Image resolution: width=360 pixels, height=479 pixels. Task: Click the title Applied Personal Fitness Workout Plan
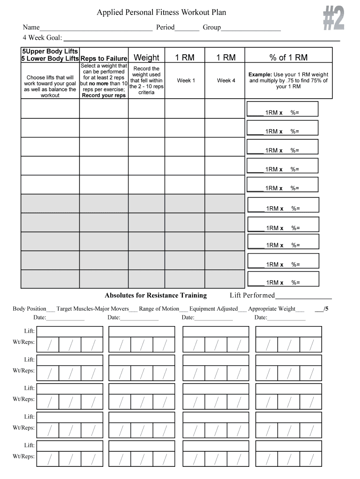pos(161,13)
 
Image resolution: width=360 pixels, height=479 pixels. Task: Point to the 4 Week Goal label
pos(43,37)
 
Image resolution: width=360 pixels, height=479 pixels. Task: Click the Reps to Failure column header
pos(104,58)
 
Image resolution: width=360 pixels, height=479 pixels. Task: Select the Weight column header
pos(146,58)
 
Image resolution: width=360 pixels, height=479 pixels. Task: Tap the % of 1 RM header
pos(288,58)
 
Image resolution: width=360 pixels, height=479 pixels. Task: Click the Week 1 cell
pos(186,80)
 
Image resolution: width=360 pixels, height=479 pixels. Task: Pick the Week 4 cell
pos(226,80)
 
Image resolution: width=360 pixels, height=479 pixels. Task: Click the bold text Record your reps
pos(104,95)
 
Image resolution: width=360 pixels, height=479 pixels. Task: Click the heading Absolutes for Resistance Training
pos(156,295)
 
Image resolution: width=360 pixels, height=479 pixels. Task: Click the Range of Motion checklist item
pos(159,309)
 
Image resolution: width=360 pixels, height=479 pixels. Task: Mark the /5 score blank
pos(321,309)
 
